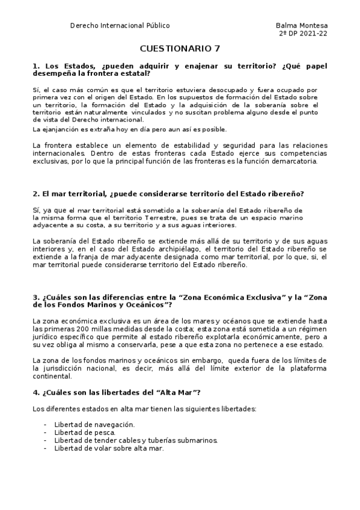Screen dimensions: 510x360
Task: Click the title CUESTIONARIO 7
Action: coord(180,48)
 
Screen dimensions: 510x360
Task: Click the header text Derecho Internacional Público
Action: coord(120,25)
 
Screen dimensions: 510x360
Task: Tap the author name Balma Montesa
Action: coord(302,25)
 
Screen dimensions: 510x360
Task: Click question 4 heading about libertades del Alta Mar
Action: coord(117,393)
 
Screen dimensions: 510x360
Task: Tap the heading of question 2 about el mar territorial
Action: coord(168,193)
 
